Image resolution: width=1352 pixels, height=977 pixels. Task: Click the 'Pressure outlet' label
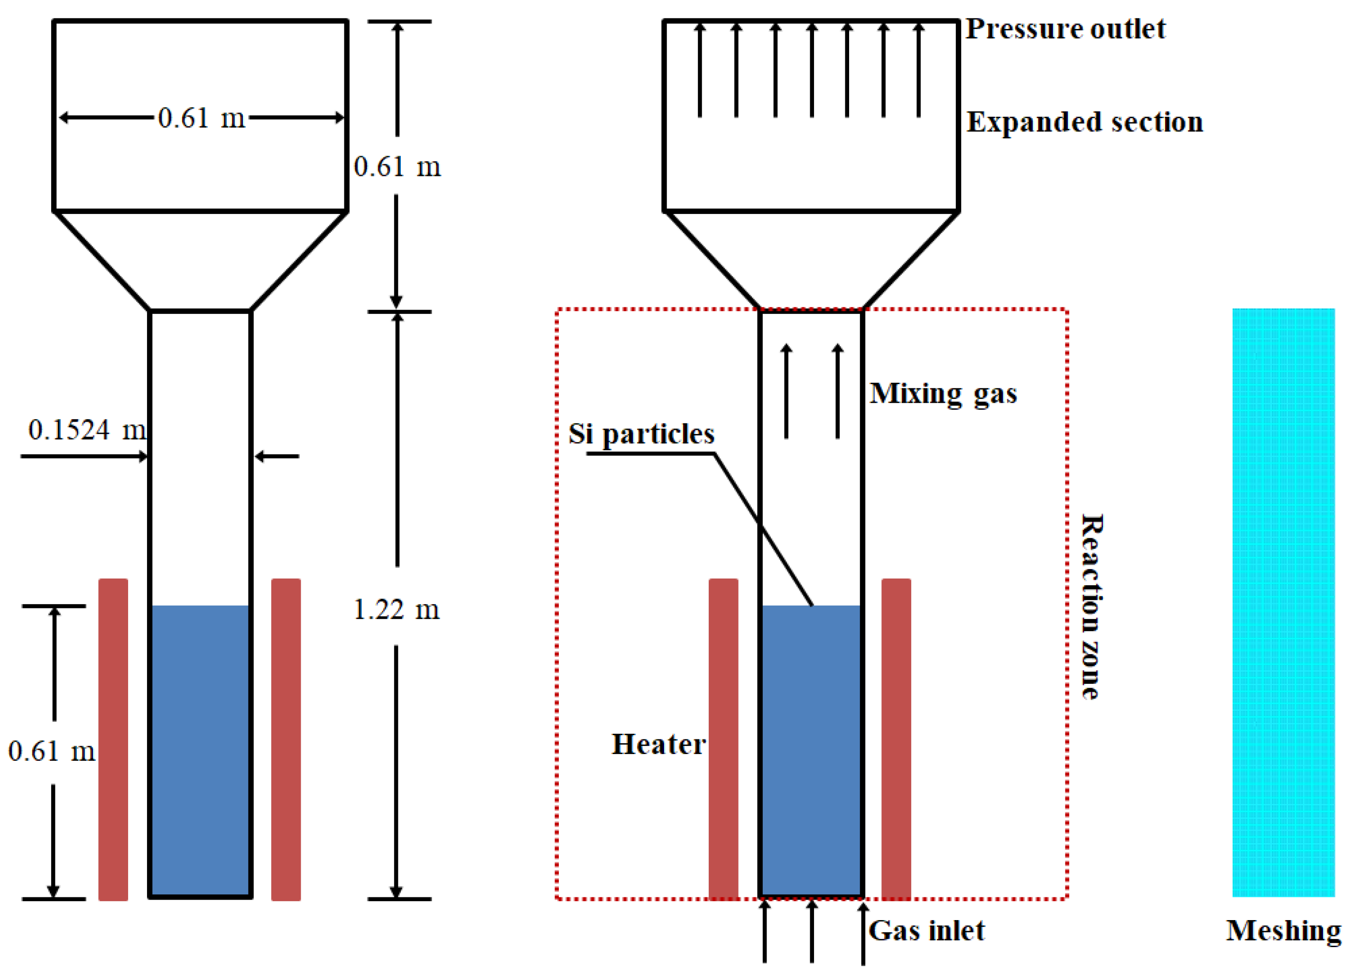tap(1065, 29)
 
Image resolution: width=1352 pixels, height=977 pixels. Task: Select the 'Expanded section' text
tap(1084, 122)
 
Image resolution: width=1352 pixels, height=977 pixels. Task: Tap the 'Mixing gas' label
tap(943, 394)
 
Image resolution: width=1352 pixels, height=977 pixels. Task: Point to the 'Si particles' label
tap(641, 433)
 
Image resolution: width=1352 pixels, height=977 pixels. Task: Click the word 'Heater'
tap(658, 745)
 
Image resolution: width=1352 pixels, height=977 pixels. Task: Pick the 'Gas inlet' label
tap(926, 931)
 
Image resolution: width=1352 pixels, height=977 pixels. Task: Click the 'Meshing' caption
tap(1283, 931)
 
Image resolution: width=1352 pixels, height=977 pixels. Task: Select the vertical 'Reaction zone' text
tap(1092, 606)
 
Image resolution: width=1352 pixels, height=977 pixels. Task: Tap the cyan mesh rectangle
tap(1283, 602)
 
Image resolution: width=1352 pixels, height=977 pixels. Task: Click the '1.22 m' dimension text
tap(397, 610)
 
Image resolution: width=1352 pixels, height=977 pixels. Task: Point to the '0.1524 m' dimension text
tap(87, 430)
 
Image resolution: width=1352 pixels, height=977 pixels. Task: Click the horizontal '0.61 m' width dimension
tap(202, 118)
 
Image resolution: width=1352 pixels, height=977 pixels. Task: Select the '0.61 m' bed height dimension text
tap(51, 751)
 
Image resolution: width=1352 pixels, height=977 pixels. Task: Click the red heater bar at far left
tap(113, 739)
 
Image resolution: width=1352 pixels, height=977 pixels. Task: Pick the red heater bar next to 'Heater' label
tap(723, 739)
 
